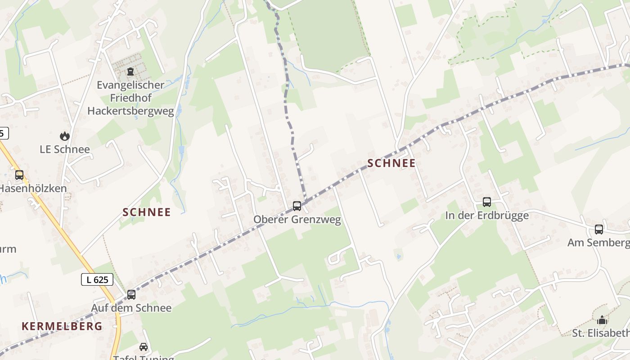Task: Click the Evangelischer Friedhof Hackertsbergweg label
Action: pyautogui.click(x=130, y=98)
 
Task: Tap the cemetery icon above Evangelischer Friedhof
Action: pyautogui.click(x=130, y=71)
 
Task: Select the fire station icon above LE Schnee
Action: pyautogui.click(x=65, y=136)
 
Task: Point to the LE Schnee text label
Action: pyautogui.click(x=65, y=149)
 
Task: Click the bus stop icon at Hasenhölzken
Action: pyautogui.click(x=19, y=175)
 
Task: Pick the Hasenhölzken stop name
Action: pyautogui.click(x=32, y=189)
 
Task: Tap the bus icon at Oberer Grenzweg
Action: pyautogui.click(x=297, y=206)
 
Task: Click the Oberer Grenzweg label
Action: pyautogui.click(x=297, y=220)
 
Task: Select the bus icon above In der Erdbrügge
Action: pyautogui.click(x=487, y=202)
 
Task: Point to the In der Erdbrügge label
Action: pyautogui.click(x=487, y=216)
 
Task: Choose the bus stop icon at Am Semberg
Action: pyautogui.click(x=599, y=229)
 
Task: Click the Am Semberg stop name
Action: pyautogui.click(x=598, y=243)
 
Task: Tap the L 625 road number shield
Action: pyautogui.click(x=97, y=279)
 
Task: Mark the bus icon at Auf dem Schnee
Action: pyautogui.click(x=131, y=295)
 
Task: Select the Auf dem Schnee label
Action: pyautogui.click(x=131, y=308)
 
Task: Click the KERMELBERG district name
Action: pyautogui.click(x=62, y=326)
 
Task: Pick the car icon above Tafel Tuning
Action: pyautogui.click(x=144, y=347)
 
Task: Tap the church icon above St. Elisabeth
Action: pyautogui.click(x=602, y=320)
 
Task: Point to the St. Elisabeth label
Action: pyautogui.click(x=601, y=333)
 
